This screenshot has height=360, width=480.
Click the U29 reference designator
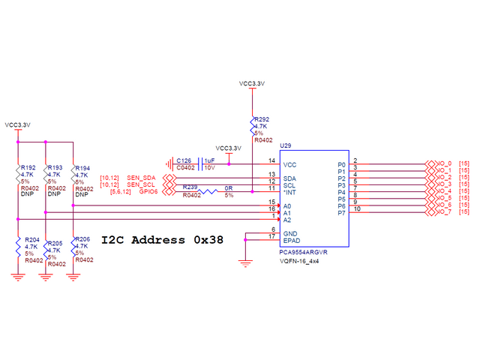[x=285, y=145]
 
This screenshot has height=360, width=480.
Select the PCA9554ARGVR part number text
[x=303, y=253]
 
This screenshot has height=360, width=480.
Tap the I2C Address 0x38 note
[x=161, y=240]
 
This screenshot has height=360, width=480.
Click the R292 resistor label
[x=262, y=119]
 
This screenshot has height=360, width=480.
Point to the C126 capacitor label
[x=184, y=160]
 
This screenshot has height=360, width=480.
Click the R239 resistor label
[x=190, y=187]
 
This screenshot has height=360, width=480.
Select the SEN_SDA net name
[x=141, y=176]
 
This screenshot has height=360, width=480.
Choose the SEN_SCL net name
[x=141, y=184]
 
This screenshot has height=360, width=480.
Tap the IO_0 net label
[x=444, y=163]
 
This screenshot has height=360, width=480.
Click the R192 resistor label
[x=28, y=167]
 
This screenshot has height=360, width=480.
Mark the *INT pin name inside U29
[x=290, y=192]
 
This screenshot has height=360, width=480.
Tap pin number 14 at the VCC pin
[x=271, y=160]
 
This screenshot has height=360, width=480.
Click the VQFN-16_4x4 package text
[x=298, y=262]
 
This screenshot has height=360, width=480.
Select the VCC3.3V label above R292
[x=253, y=83]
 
